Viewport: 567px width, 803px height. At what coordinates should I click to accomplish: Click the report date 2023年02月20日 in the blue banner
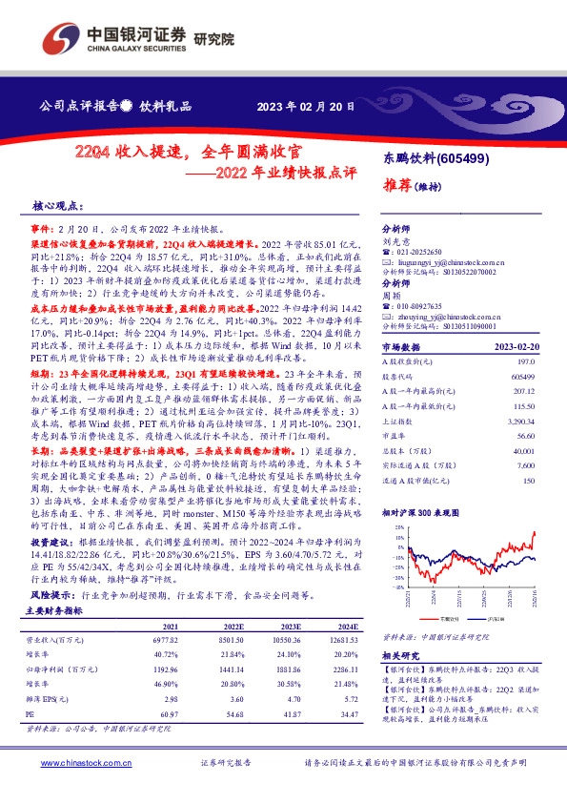305,106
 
